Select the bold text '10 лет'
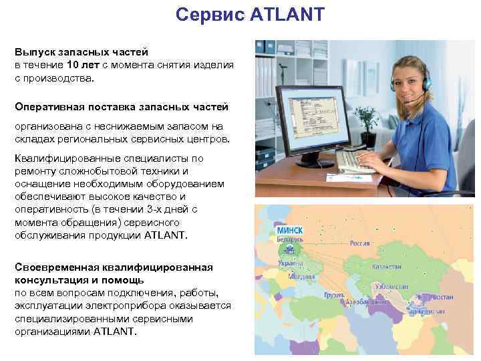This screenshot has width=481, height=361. [82, 65]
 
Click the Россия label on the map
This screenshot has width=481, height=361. [360, 243]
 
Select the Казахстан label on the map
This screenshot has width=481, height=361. [387, 266]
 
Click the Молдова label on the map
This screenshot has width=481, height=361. [297, 276]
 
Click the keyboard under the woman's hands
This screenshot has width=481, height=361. [357, 161]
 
